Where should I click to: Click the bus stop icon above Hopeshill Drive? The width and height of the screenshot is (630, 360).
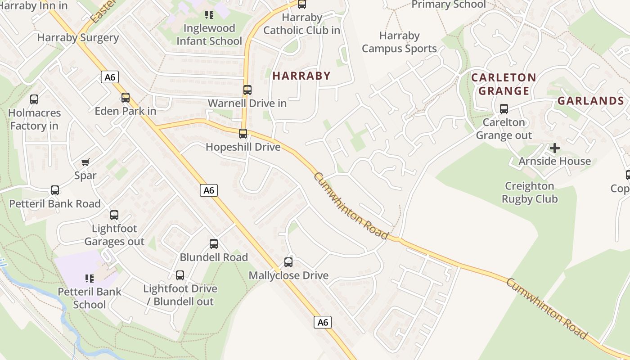pyautogui.click(x=243, y=133)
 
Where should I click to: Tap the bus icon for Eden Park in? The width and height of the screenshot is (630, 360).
pyautogui.click(x=126, y=97)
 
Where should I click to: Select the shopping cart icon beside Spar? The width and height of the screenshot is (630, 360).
pyautogui.click(x=85, y=162)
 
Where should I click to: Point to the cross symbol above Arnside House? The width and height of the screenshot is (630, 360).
pyautogui.click(x=555, y=148)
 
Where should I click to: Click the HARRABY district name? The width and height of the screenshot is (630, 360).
pyautogui.click(x=301, y=76)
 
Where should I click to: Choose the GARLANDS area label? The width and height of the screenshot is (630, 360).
pyautogui.click(x=590, y=101)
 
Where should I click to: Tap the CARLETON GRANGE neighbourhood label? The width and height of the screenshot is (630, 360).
pyautogui.click(x=504, y=84)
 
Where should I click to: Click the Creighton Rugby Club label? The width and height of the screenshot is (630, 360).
pyautogui.click(x=530, y=193)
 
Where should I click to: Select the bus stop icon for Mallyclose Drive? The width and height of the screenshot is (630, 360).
pyautogui.click(x=288, y=262)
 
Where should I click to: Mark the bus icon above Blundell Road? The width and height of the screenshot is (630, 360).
pyautogui.click(x=214, y=244)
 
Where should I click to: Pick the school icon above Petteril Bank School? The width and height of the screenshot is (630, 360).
pyautogui.click(x=89, y=279)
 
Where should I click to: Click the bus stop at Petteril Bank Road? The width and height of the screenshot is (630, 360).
pyautogui.click(x=55, y=190)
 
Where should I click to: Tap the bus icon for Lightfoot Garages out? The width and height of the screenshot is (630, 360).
pyautogui.click(x=114, y=215)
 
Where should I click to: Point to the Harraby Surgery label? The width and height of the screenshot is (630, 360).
pyautogui.click(x=78, y=38)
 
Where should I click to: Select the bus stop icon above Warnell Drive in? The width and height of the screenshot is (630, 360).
pyautogui.click(x=247, y=90)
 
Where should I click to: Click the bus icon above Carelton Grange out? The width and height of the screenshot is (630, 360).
pyautogui.click(x=504, y=109)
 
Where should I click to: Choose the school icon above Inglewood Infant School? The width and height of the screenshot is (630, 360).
pyautogui.click(x=209, y=15)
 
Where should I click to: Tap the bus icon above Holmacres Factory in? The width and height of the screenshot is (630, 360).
pyautogui.click(x=34, y=99)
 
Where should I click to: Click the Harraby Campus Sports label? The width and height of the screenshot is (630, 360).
pyautogui.click(x=399, y=42)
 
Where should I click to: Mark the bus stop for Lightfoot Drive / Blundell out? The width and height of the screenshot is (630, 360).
pyautogui.click(x=180, y=275)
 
